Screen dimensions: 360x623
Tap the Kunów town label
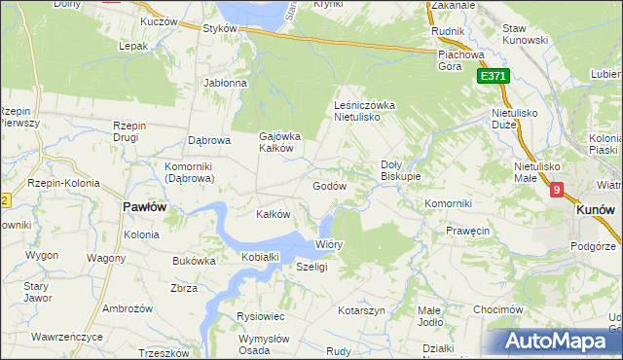594,209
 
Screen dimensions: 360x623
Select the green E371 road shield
492,76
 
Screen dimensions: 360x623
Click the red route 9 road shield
556,192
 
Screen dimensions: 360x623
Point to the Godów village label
330,185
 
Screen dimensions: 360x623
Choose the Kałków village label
273,214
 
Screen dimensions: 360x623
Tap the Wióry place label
329,245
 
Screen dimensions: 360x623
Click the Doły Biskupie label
400,170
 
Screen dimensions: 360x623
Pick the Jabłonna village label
226,83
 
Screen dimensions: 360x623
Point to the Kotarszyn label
362,310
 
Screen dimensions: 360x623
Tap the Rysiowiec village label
260,316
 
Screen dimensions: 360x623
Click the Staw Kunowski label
528,35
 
